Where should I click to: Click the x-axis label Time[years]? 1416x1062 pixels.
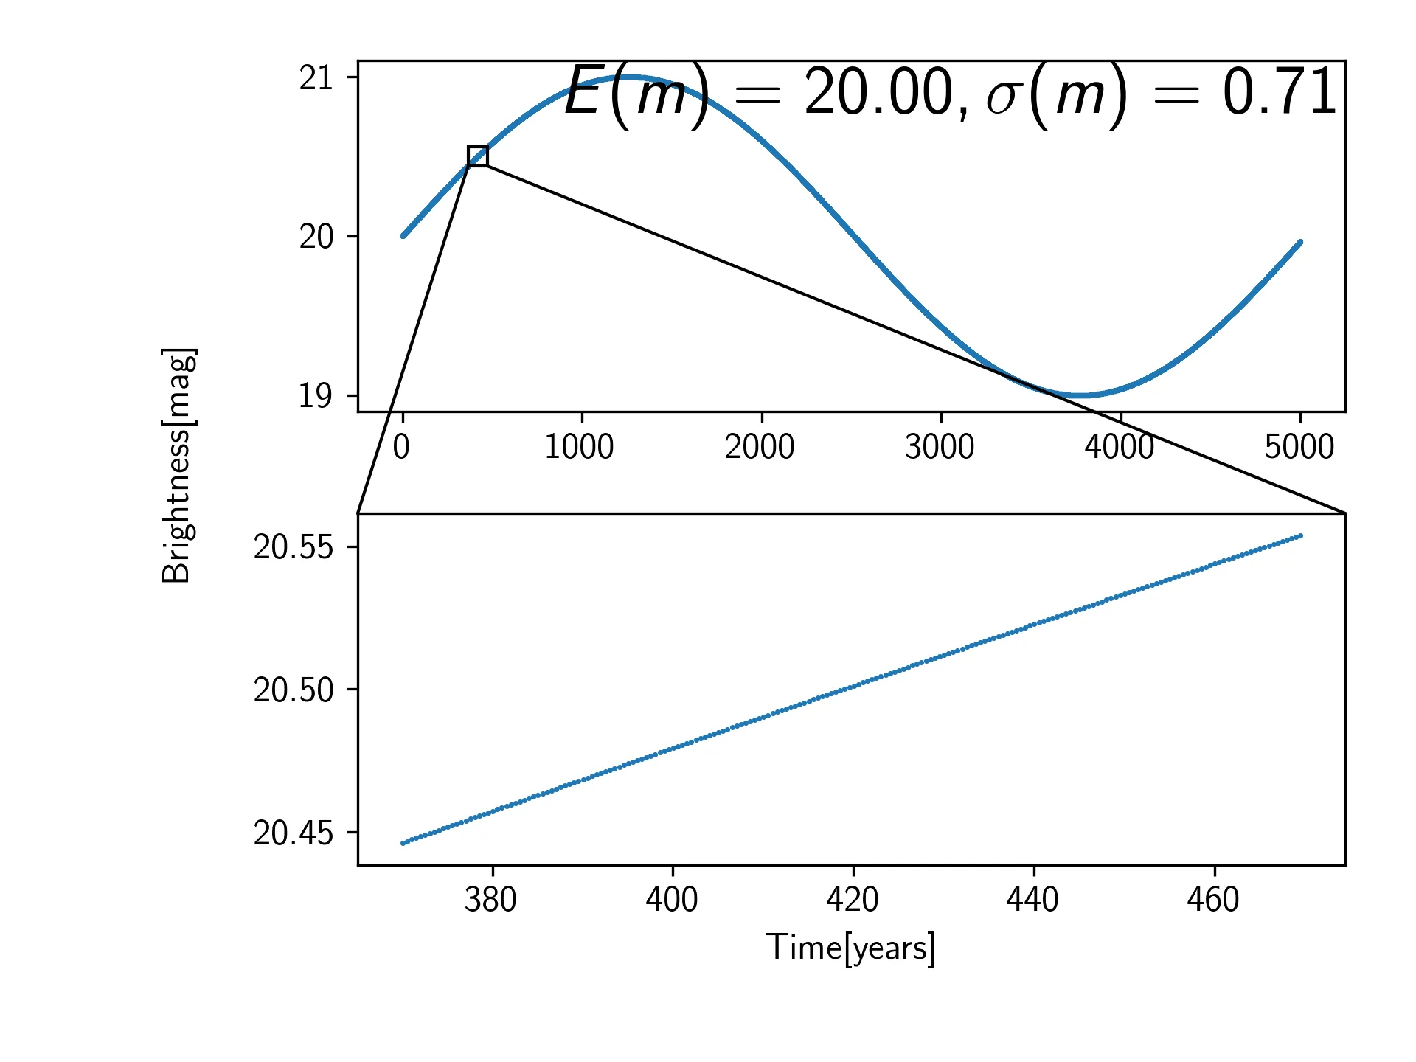click(x=850, y=948)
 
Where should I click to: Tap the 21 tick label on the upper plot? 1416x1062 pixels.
click(x=316, y=78)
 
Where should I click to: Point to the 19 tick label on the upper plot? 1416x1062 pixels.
click(x=316, y=396)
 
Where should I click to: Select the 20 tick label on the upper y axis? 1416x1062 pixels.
click(x=316, y=237)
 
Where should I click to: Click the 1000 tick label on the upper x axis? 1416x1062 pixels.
click(x=579, y=447)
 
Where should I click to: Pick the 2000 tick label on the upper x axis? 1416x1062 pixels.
click(x=760, y=447)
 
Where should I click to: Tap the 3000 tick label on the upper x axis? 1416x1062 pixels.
click(x=940, y=447)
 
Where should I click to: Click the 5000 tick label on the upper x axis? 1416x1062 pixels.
click(x=1299, y=447)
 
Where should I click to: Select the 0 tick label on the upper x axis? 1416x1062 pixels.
click(x=401, y=447)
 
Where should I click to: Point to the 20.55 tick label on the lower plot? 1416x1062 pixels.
click(x=294, y=547)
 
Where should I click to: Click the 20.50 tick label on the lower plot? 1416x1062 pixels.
click(x=294, y=690)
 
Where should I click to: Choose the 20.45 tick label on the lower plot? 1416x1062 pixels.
click(x=294, y=833)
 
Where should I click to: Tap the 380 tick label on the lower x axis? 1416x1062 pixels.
click(x=490, y=900)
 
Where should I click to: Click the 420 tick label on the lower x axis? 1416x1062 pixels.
click(x=852, y=900)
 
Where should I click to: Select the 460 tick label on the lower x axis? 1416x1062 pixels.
click(x=1213, y=900)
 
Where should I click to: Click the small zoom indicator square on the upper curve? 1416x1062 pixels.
click(x=478, y=156)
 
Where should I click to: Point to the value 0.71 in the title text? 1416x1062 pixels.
click(x=1280, y=91)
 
